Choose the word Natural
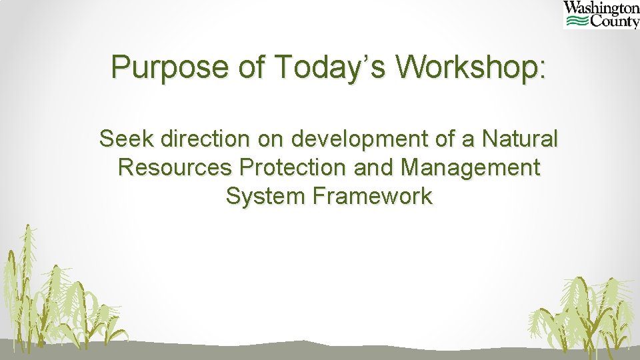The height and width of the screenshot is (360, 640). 521,139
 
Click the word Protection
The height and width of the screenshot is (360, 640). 295,167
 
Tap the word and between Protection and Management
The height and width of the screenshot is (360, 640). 375,167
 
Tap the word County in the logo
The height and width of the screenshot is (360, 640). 614,22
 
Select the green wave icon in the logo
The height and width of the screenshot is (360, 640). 576,22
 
